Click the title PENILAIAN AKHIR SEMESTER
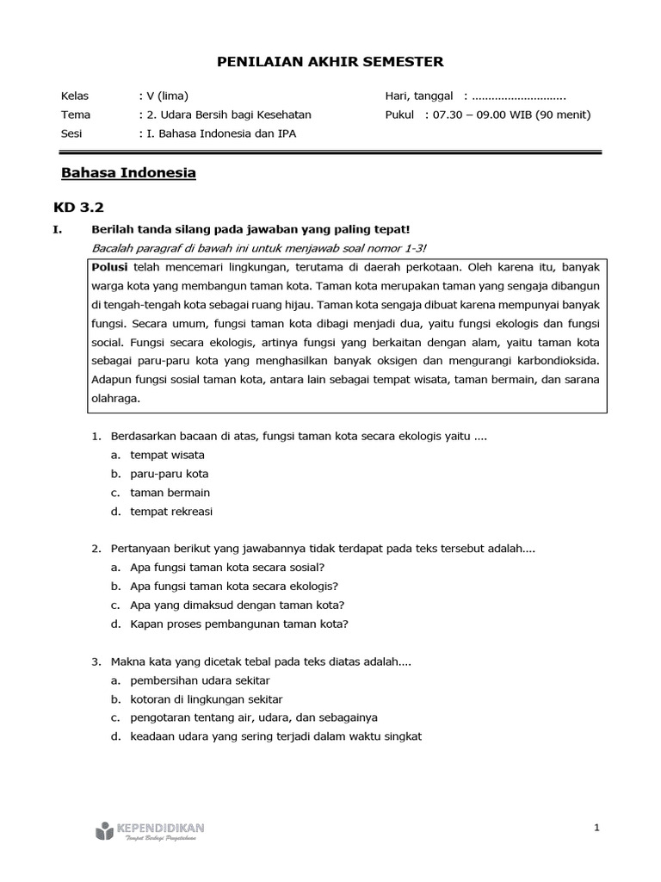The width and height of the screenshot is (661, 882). [330, 61]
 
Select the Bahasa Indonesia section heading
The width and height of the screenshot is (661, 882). [128, 173]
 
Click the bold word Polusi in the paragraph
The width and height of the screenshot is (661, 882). [109, 267]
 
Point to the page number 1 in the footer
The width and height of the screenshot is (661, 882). [596, 828]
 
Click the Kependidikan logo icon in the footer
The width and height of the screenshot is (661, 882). [103, 830]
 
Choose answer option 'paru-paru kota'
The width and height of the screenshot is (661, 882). [169, 474]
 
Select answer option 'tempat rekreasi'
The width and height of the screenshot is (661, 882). [170, 512]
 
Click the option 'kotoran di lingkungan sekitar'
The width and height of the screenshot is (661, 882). [206, 699]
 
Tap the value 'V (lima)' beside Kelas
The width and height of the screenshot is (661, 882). [167, 96]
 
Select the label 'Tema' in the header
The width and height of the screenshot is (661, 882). [76, 115]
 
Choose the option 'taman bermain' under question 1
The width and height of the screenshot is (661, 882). [170, 493]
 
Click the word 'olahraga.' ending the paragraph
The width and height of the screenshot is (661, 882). [115, 400]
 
